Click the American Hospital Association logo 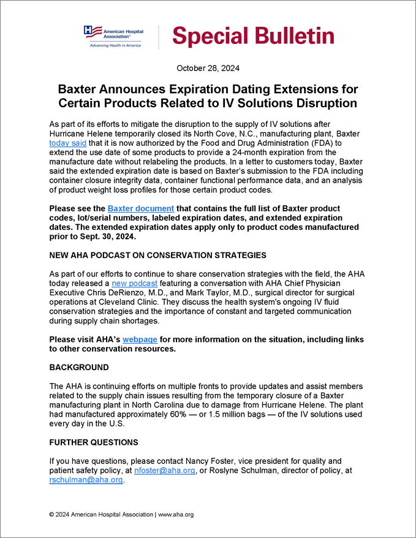point(114,36)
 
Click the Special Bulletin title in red point(253,36)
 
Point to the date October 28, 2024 point(208,68)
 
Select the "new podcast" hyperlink point(134,284)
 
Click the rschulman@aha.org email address point(86,480)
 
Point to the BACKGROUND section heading point(79,368)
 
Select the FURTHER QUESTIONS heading point(94,442)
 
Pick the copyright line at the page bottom point(121,515)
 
